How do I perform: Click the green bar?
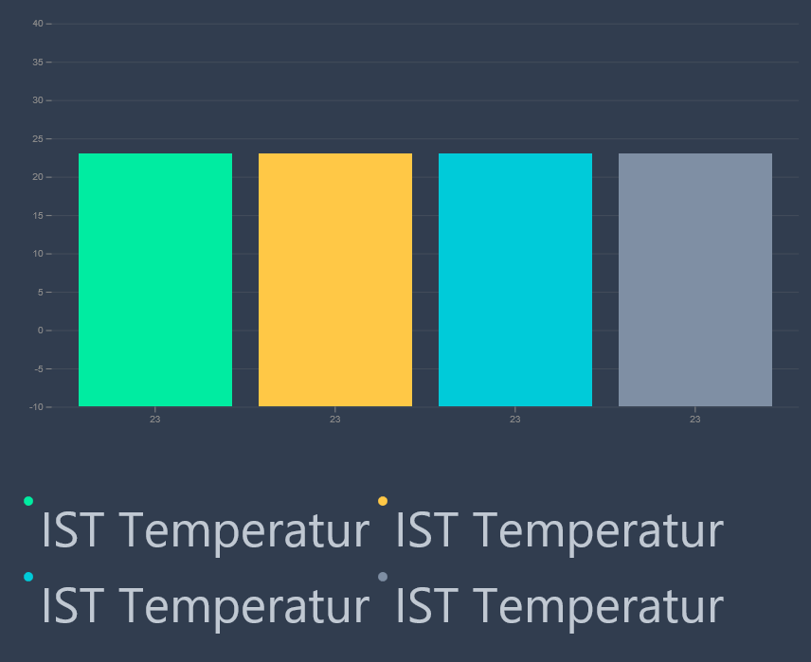pyautogui.click(x=155, y=279)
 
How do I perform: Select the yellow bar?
pyautogui.click(x=335, y=279)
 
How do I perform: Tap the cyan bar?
pyautogui.click(x=515, y=279)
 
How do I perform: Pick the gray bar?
pyautogui.click(x=695, y=279)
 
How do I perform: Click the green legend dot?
pyautogui.click(x=28, y=501)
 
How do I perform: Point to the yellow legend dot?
pyautogui.click(x=383, y=501)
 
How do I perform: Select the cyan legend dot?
pyautogui.click(x=28, y=577)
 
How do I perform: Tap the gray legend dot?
pyautogui.click(x=383, y=577)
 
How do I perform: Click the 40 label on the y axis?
pyautogui.click(x=38, y=24)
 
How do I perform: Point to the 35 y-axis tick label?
pyautogui.click(x=38, y=63)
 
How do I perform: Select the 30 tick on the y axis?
pyautogui.click(x=38, y=100)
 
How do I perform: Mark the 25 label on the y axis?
pyautogui.click(x=38, y=138)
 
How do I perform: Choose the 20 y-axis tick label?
pyautogui.click(x=38, y=177)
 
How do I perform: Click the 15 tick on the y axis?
pyautogui.click(x=38, y=215)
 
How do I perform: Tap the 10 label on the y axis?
pyautogui.click(x=38, y=254)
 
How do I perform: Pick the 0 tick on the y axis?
pyautogui.click(x=41, y=330)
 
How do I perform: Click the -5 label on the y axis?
pyautogui.click(x=39, y=368)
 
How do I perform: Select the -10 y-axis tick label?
pyautogui.click(x=36, y=407)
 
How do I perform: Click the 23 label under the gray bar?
pyautogui.click(x=695, y=420)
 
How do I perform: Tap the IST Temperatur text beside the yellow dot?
pyautogui.click(x=560, y=530)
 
